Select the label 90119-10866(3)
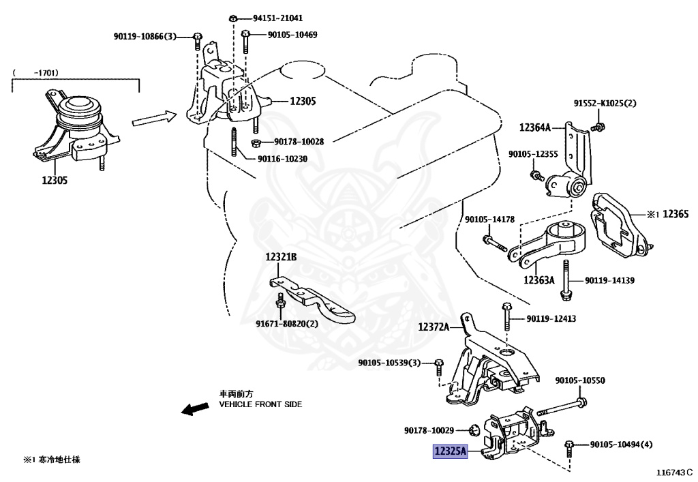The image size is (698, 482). pyautogui.click(x=145, y=35)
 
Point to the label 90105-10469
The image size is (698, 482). pyautogui.click(x=292, y=35)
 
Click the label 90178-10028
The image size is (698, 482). pyautogui.click(x=299, y=142)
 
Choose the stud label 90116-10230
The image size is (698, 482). pyautogui.click(x=282, y=159)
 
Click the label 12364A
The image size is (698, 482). pyautogui.click(x=538, y=127)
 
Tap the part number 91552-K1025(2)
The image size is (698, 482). pyautogui.click(x=604, y=103)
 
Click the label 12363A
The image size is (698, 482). pyautogui.click(x=538, y=280)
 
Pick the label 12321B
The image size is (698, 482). pyautogui.click(x=282, y=257)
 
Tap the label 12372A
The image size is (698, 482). pyautogui.click(x=434, y=327)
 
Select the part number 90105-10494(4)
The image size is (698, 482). pyautogui.click(x=621, y=445)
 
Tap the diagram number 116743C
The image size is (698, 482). pyautogui.click(x=674, y=472)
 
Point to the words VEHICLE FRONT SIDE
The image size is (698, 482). pyautogui.click(x=260, y=404)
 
